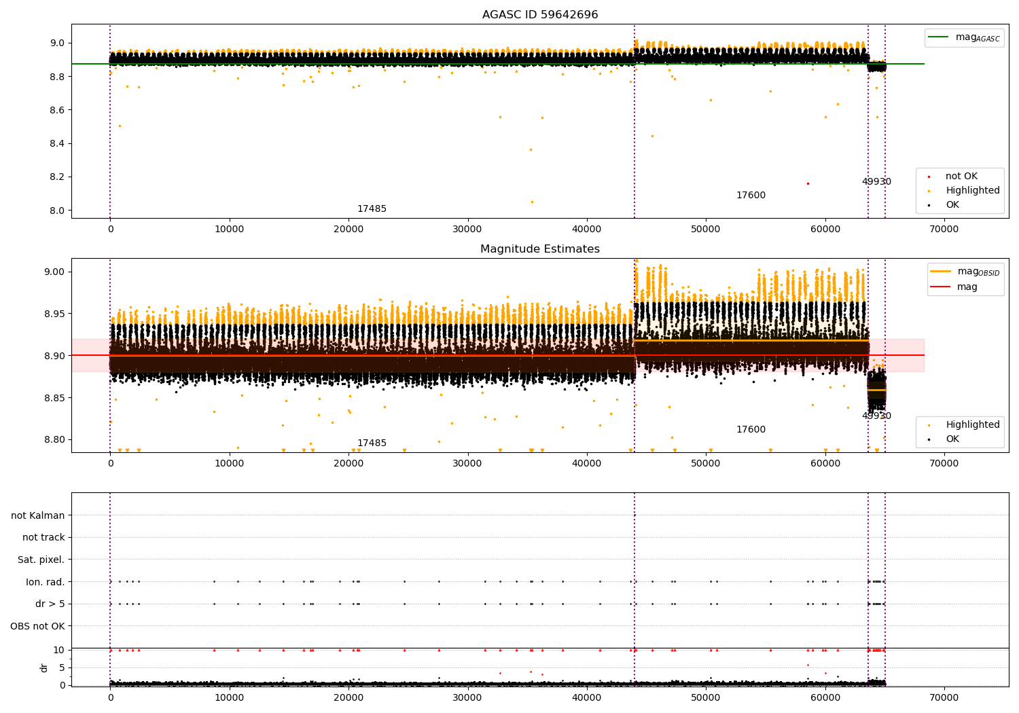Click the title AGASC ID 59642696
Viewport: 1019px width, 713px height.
(540, 14)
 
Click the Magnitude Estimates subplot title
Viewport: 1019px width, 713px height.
(540, 249)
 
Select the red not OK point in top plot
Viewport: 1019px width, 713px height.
(808, 184)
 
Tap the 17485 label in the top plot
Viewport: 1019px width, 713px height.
(372, 208)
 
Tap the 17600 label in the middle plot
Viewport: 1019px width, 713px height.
(751, 429)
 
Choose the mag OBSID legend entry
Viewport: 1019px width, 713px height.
(965, 272)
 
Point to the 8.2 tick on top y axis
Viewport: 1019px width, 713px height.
(57, 177)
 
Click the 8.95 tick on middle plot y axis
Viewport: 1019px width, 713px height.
(54, 314)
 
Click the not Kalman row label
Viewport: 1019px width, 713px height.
(38, 515)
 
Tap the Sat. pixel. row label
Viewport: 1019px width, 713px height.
(41, 560)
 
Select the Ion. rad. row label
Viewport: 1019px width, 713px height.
(45, 581)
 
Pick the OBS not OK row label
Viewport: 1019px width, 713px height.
(38, 626)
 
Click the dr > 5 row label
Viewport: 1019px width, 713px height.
(50, 604)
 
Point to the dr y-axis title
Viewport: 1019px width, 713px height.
(43, 668)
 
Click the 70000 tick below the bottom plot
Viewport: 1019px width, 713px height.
(944, 698)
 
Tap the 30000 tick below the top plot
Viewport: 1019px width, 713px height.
(467, 230)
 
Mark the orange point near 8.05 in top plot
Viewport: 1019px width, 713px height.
(532, 202)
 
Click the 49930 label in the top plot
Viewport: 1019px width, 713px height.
(876, 181)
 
